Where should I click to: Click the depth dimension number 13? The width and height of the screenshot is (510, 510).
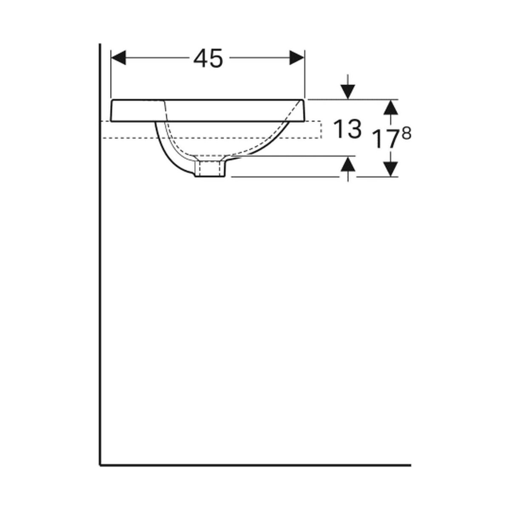(347, 129)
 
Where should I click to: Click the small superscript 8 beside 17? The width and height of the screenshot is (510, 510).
(406, 134)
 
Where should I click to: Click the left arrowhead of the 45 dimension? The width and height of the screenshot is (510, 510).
(118, 57)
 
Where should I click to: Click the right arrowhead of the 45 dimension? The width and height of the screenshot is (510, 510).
(297, 57)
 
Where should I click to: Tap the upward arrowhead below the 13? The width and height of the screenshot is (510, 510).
(348, 163)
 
